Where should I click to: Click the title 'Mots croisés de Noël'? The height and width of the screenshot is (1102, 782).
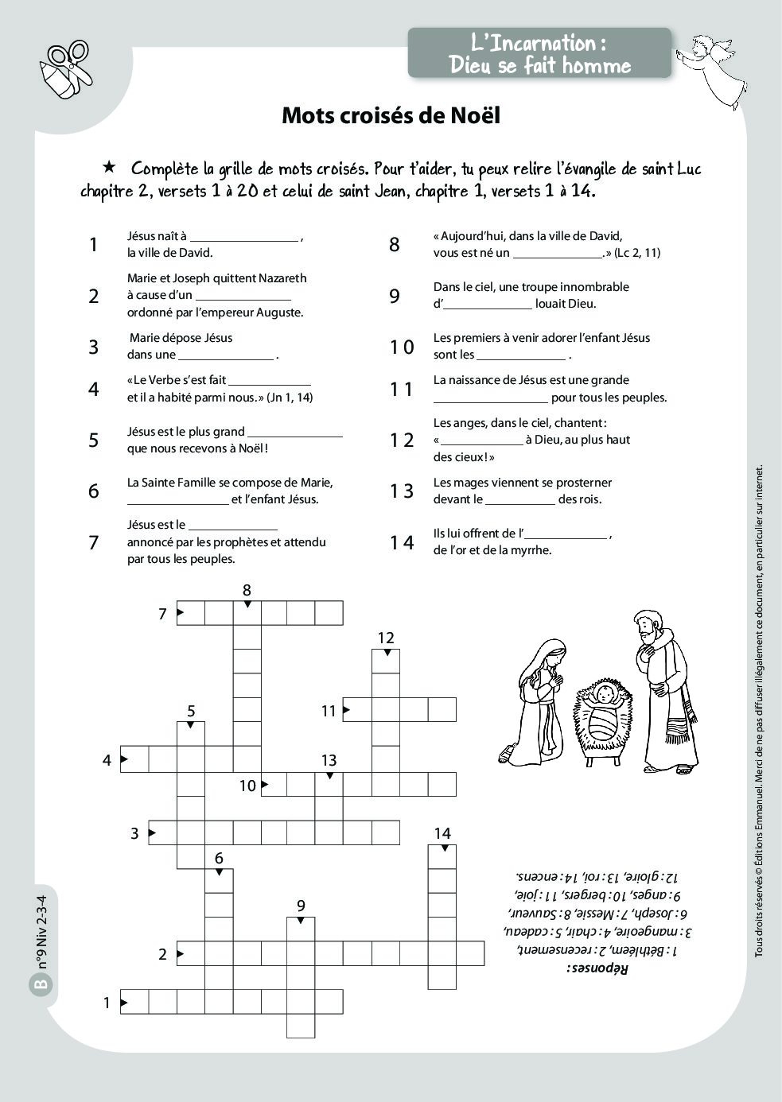click(391, 115)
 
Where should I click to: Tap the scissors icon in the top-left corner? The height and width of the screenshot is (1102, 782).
click(67, 69)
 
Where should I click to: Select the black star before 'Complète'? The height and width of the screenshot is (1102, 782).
click(110, 168)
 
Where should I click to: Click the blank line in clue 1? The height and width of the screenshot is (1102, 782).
click(244, 238)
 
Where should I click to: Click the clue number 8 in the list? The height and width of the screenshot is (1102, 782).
click(394, 245)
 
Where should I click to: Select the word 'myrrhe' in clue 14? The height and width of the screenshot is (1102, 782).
click(531, 550)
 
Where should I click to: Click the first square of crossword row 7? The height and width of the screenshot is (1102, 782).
click(190, 614)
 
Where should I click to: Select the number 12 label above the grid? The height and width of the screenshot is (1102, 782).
click(386, 638)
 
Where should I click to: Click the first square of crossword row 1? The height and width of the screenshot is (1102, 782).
click(134, 1003)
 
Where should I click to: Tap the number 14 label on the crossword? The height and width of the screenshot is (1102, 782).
click(442, 832)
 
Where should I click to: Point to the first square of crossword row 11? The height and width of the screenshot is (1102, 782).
click(357, 709)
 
